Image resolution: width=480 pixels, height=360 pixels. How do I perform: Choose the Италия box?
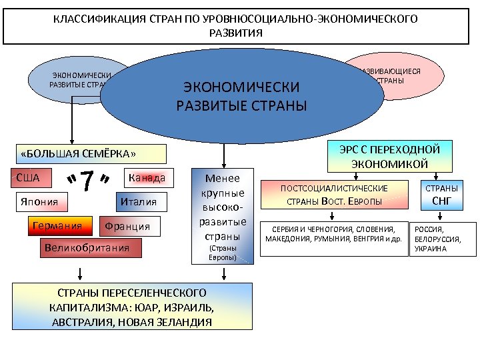[139, 202]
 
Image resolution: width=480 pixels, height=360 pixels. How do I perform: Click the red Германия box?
[57, 226]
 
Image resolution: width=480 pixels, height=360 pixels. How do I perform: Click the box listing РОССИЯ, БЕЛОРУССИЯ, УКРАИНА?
[442, 238]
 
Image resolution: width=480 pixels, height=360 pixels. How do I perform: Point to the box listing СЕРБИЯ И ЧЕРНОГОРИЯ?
[333, 234]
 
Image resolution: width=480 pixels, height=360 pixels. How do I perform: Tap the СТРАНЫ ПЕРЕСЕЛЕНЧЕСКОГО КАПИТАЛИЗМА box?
[132, 307]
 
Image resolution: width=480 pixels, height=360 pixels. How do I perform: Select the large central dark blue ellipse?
[241, 96]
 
